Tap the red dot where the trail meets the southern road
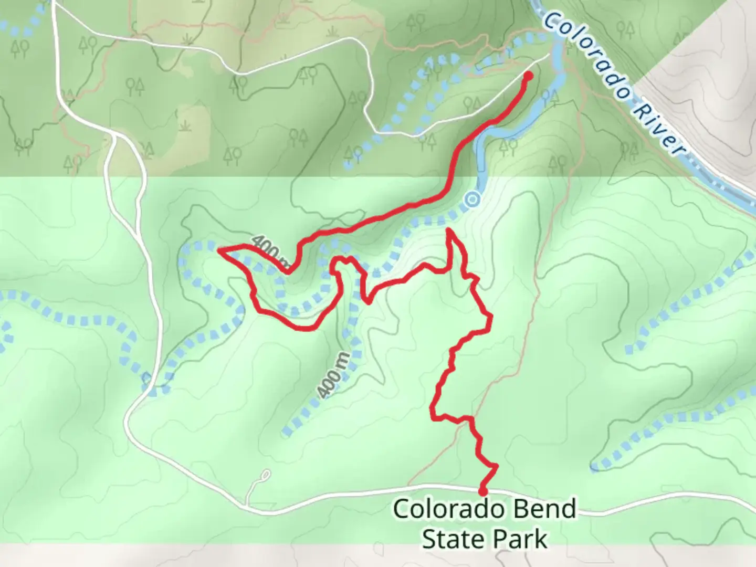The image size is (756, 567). click(x=482, y=491)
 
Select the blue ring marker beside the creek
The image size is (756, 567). click(x=473, y=199)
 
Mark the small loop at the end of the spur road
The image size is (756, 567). click(x=266, y=476)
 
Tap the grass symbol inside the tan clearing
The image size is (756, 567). click(x=185, y=127)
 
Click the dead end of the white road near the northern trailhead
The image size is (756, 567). click(x=550, y=54)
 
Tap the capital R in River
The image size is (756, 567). click(x=638, y=108)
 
